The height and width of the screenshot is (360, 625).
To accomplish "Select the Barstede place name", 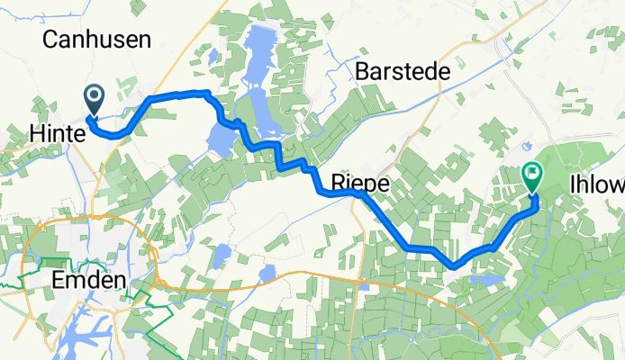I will point(401,71).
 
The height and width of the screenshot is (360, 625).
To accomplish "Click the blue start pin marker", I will point(95,99).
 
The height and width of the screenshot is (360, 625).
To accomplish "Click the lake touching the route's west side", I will point(220,139).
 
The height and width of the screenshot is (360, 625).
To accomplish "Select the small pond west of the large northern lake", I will point(212,57).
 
